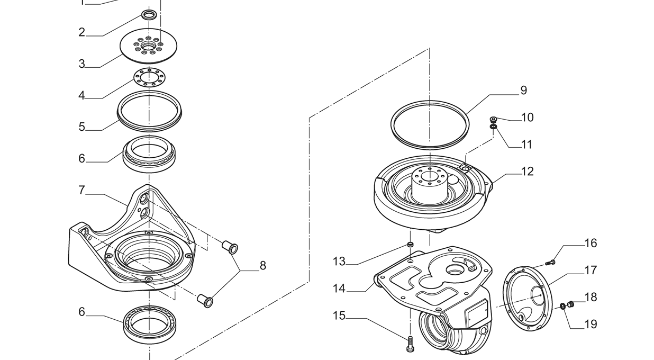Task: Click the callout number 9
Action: (524, 91)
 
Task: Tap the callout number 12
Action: (528, 172)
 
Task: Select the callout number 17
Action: (591, 271)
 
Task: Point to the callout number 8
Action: (263, 266)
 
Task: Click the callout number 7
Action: (81, 190)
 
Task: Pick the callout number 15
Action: (339, 316)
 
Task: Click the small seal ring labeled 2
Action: (150, 14)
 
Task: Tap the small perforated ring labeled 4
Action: (150, 77)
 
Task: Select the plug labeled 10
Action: (494, 119)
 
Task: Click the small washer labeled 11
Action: (494, 127)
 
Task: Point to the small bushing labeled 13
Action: (411, 245)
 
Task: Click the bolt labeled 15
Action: (410, 344)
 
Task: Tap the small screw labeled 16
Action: (550, 263)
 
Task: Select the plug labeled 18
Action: (571, 304)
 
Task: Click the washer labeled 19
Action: (562, 306)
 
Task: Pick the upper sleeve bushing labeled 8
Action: (230, 247)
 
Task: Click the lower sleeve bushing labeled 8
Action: (205, 301)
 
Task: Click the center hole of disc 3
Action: (149, 46)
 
